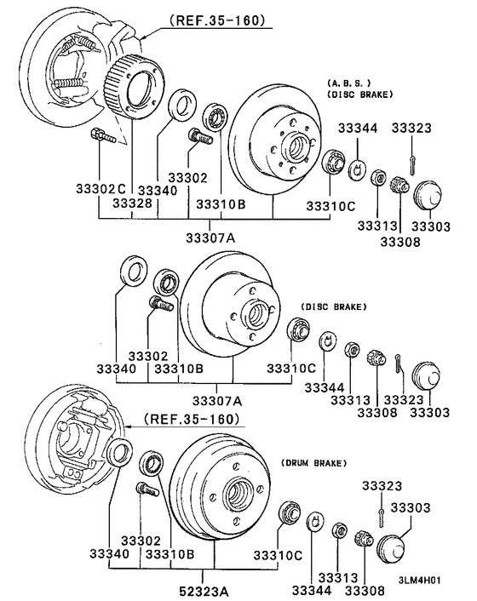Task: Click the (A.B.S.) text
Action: [348, 83]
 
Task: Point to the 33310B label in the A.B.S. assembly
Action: [221, 205]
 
